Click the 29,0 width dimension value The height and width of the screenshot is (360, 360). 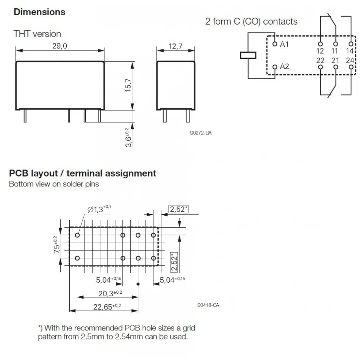click(59, 46)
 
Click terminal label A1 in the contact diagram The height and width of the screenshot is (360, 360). click(284, 44)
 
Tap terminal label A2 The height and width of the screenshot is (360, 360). click(284, 67)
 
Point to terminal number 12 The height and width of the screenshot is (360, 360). click(320, 51)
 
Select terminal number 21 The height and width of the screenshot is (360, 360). click(335, 60)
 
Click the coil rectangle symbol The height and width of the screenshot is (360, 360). click(248, 55)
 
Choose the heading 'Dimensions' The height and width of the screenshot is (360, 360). click(39, 12)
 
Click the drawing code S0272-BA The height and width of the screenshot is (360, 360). click(200, 133)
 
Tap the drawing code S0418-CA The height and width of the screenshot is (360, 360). click(208, 305)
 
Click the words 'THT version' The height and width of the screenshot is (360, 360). click(37, 34)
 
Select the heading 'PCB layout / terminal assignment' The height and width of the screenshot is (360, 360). click(82, 174)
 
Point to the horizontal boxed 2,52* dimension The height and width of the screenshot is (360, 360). click(178, 209)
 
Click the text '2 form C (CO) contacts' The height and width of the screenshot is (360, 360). click(251, 22)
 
